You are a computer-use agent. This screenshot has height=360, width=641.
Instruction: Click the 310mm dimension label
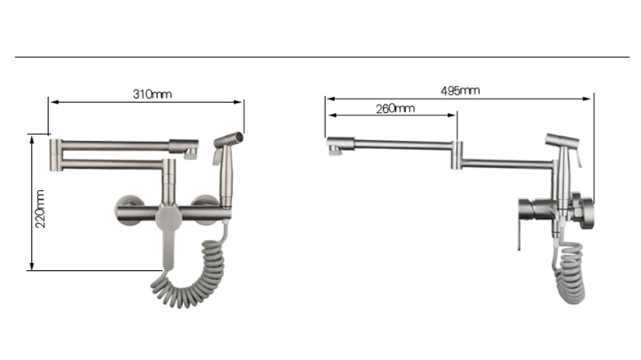[151, 94]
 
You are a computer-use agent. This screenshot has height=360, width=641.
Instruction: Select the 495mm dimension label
[460, 91]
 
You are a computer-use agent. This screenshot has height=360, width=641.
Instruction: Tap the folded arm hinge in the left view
[56, 155]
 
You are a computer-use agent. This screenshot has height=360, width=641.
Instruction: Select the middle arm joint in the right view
[457, 155]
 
